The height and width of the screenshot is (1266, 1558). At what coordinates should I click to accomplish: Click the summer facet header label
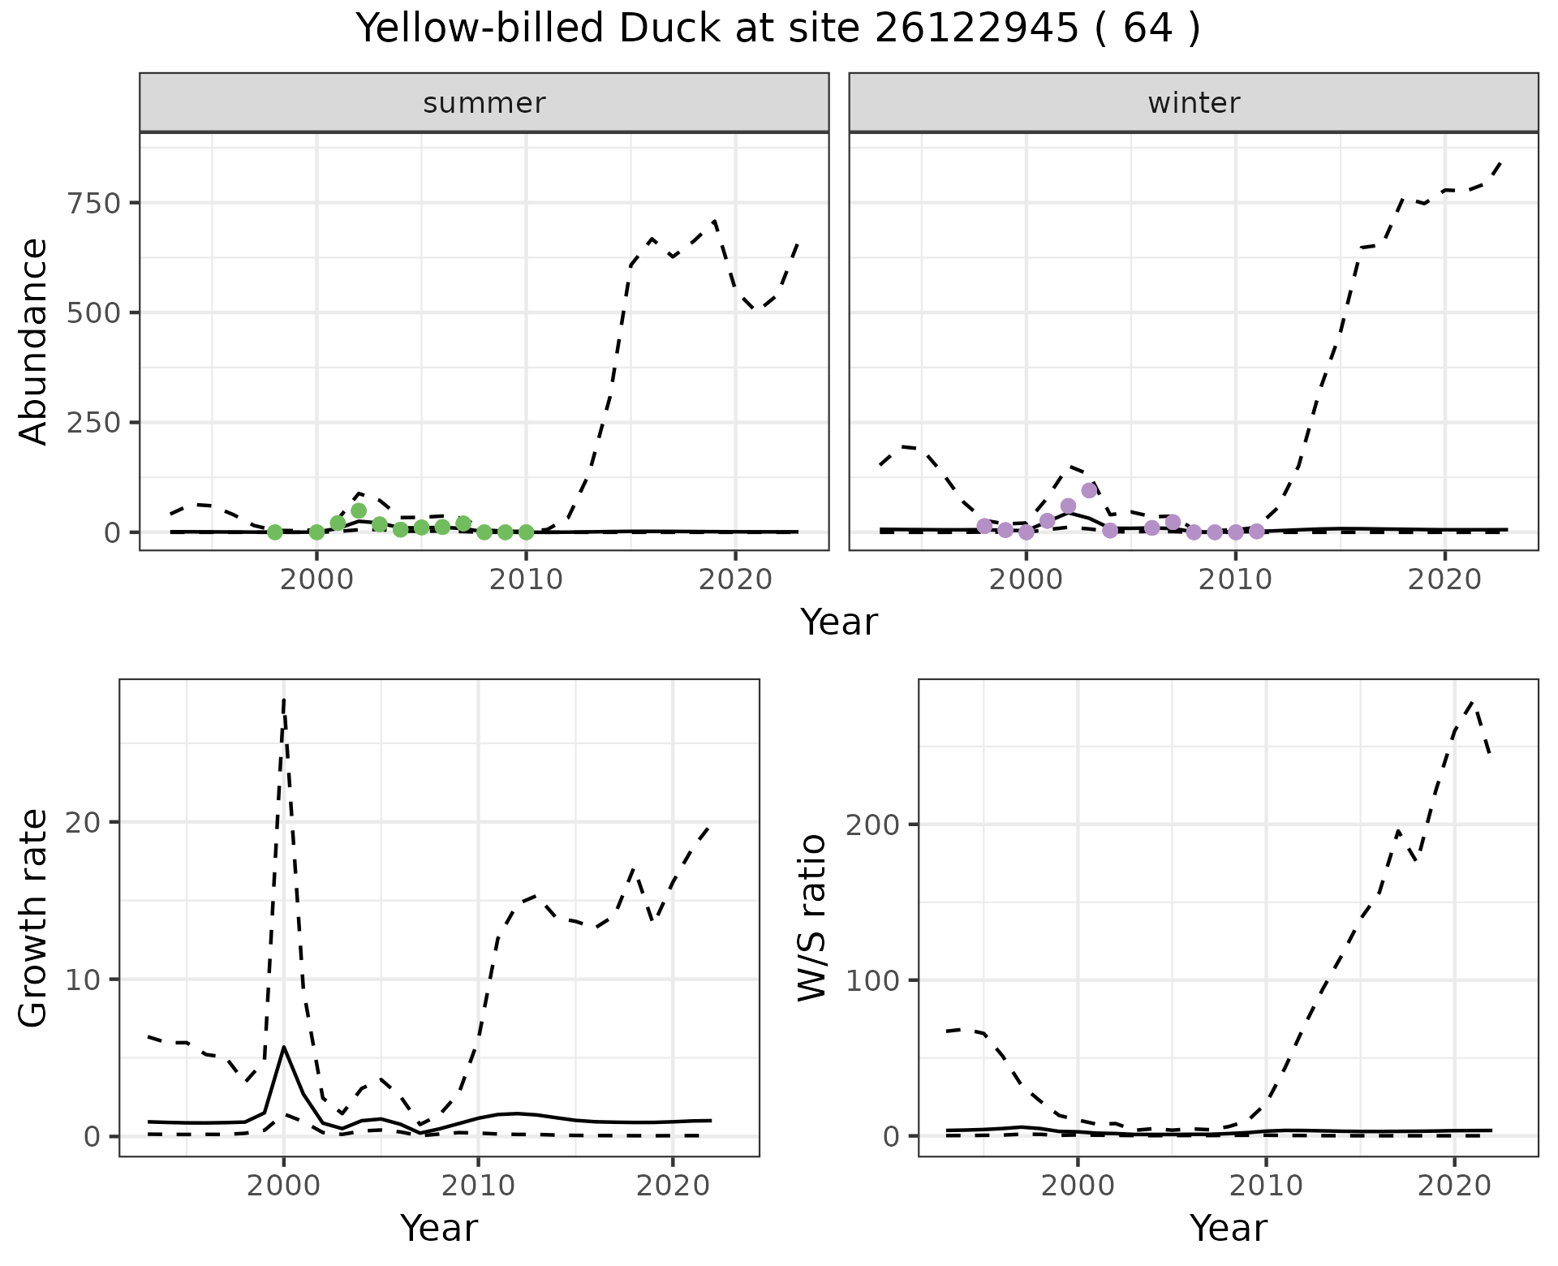pyautogui.click(x=484, y=103)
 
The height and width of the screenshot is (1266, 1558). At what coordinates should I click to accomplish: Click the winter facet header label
pyautogui.click(x=1194, y=103)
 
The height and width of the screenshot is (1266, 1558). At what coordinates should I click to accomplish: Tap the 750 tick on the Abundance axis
pyautogui.click(x=94, y=203)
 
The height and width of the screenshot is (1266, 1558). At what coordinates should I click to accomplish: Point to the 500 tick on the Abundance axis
pyautogui.click(x=94, y=312)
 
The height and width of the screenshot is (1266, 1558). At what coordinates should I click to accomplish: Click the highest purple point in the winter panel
pyautogui.click(x=1089, y=490)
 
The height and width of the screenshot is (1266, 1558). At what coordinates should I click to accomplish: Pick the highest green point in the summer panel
pyautogui.click(x=359, y=510)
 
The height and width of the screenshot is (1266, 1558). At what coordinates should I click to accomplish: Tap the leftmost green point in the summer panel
pyautogui.click(x=275, y=532)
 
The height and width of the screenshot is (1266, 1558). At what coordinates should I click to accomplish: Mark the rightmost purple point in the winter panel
pyautogui.click(x=1257, y=532)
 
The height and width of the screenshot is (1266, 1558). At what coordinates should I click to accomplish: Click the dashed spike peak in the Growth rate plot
pyautogui.click(x=284, y=700)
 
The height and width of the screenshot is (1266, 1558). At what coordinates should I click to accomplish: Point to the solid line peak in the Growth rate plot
pyautogui.click(x=284, y=1047)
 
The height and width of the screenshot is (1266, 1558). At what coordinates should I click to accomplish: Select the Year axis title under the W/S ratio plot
pyautogui.click(x=1228, y=1229)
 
